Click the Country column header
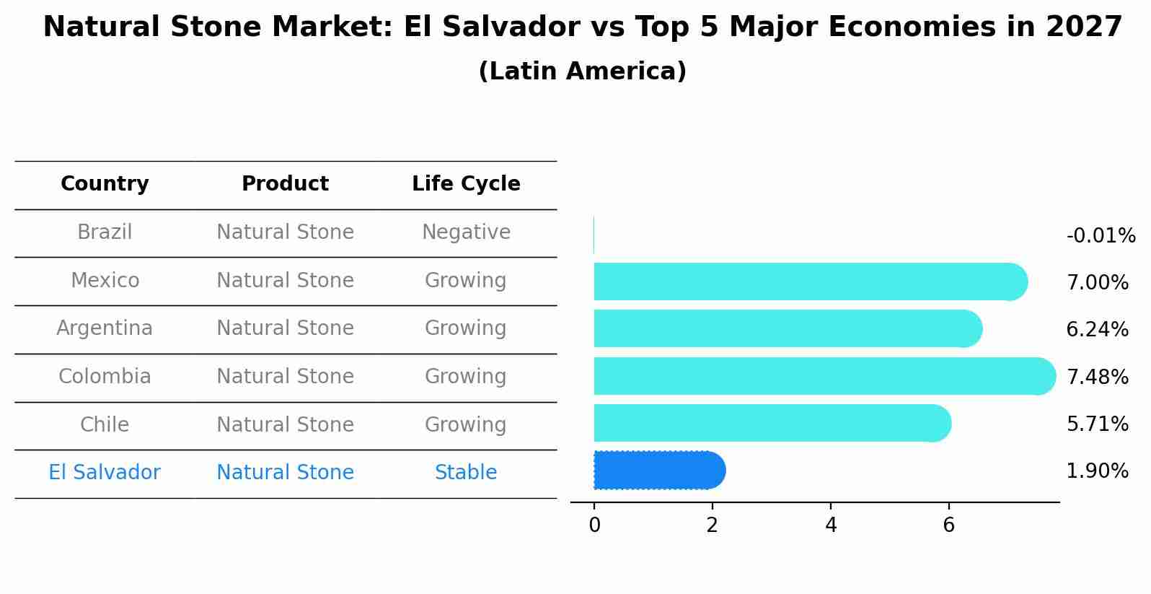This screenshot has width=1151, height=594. (x=105, y=184)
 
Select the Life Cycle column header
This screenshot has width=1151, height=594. (x=466, y=184)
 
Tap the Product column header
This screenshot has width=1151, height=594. (x=285, y=184)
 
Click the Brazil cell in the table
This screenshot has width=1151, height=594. (x=105, y=232)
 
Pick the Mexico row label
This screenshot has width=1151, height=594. (x=105, y=281)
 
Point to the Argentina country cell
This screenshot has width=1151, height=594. (x=105, y=328)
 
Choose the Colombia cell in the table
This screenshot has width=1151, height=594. (x=105, y=377)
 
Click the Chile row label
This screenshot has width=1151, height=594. (x=105, y=425)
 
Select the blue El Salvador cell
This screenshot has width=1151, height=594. (x=105, y=473)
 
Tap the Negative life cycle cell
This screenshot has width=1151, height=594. (x=466, y=232)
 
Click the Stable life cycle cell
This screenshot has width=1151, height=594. (x=466, y=473)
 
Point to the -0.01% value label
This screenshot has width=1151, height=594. (x=1101, y=236)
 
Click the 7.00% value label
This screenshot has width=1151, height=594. (x=1097, y=283)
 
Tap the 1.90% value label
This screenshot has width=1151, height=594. (x=1097, y=471)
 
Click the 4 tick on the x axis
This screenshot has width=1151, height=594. (x=831, y=525)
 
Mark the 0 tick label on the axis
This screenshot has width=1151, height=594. (x=594, y=525)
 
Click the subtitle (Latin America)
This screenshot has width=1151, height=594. (x=582, y=71)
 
